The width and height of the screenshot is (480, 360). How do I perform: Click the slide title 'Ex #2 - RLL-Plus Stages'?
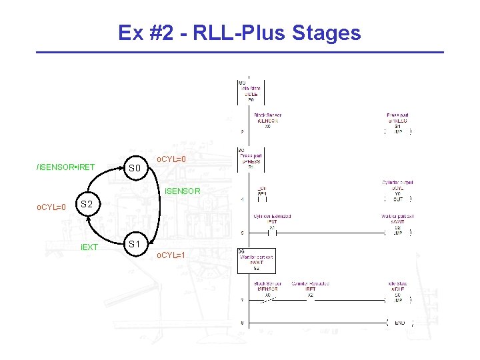(239, 33)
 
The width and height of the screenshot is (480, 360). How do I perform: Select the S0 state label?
(135, 168)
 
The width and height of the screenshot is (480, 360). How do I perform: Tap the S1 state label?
(135, 244)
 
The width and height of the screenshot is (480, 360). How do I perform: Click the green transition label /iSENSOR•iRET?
(65, 166)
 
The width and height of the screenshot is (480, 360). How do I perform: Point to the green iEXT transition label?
(89, 247)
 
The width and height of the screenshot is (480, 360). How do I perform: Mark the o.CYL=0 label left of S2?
(51, 207)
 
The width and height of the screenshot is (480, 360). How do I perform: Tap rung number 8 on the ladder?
(242, 323)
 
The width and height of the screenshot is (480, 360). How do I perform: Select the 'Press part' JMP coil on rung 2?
(397, 131)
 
